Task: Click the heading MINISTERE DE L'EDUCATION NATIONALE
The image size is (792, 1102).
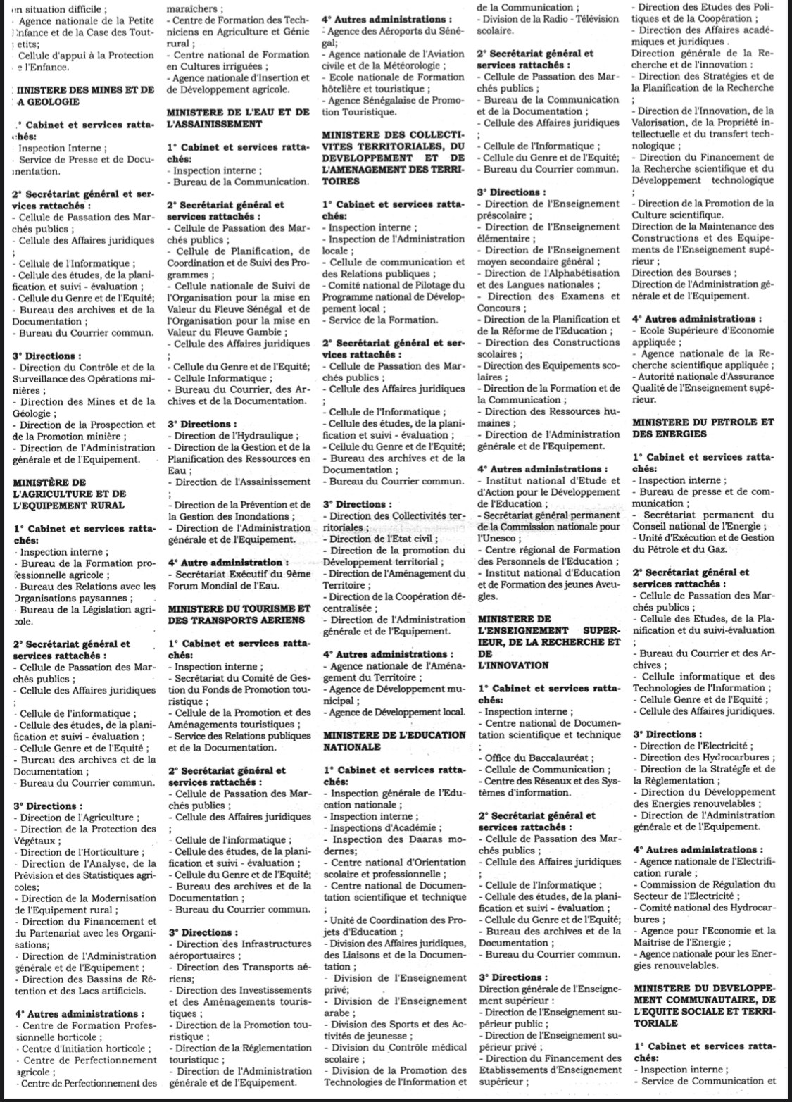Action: point(394,740)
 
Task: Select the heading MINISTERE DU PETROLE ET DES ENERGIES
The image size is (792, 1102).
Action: point(703,428)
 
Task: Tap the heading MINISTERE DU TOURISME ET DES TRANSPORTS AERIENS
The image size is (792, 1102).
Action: point(239,614)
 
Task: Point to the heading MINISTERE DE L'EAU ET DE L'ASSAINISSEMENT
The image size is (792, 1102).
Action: point(239,118)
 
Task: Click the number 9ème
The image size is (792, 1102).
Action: point(285,574)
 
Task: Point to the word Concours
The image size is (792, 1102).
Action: point(497,308)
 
